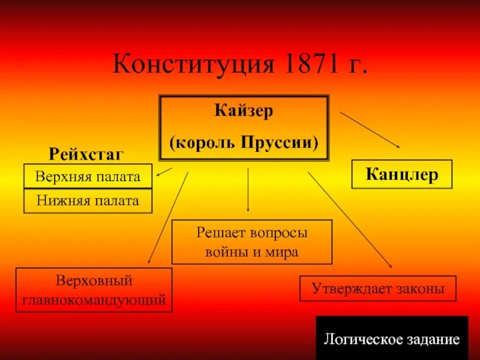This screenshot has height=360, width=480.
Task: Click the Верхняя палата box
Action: (88, 176)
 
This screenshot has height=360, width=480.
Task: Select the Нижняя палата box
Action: (88, 200)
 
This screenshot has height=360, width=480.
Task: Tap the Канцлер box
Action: (401, 175)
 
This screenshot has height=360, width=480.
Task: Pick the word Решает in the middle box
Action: (218, 232)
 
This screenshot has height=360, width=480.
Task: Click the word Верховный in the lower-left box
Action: (94, 280)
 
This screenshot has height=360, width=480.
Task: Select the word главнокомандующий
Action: (94, 299)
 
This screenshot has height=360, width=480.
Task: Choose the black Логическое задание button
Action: (392, 338)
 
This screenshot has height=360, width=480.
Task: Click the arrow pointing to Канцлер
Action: (370, 129)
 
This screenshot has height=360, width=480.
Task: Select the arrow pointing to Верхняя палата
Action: (164, 172)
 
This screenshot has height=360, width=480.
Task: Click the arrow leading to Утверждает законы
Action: (350, 220)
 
